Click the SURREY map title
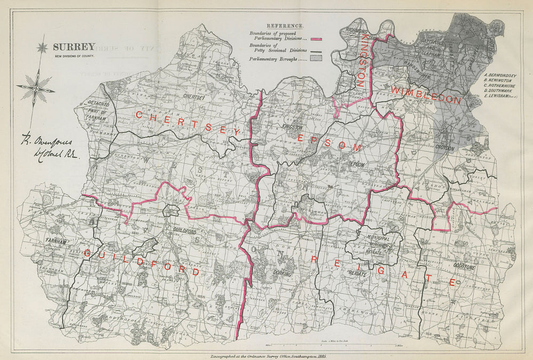[74, 47]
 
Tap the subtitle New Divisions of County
[74, 56]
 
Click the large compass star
[36, 88]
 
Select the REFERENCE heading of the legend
[285, 26]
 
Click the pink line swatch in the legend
[318, 39]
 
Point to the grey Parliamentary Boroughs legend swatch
[318, 60]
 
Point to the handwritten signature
[47, 149]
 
